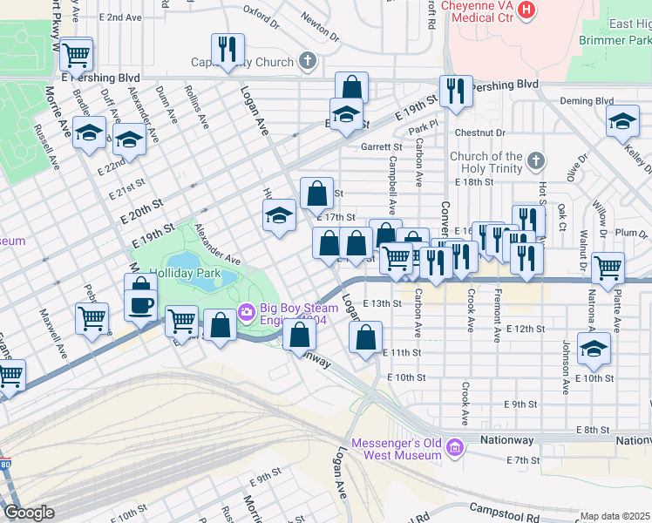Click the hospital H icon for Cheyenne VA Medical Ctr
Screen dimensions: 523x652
tap(526, 10)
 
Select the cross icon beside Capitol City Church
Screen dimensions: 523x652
tap(306, 61)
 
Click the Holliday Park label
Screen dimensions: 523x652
tap(185, 273)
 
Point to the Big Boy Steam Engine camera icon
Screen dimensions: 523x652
tap(247, 310)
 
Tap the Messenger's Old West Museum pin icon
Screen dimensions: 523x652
tap(453, 449)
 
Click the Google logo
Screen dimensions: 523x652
tap(29, 513)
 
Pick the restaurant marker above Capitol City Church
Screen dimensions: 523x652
tap(228, 49)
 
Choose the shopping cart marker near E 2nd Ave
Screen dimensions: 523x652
tap(76, 55)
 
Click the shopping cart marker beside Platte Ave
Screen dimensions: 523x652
tap(608, 268)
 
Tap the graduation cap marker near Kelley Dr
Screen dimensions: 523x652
tap(622, 122)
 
